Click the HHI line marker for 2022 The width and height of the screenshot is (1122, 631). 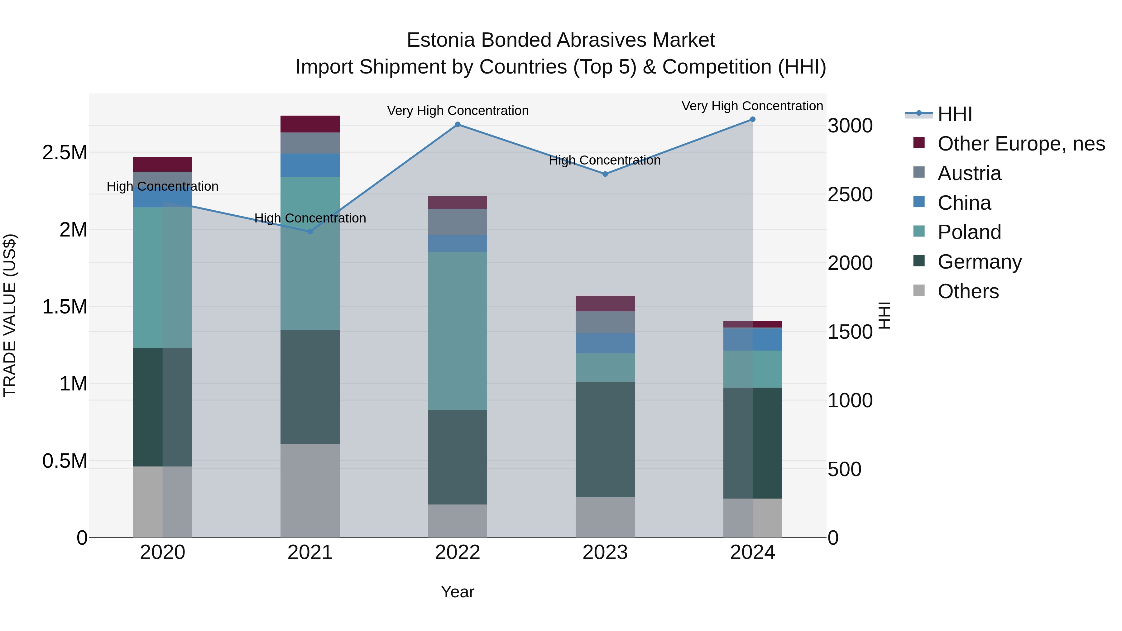[x=457, y=125]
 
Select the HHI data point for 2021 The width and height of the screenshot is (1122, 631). [x=310, y=232]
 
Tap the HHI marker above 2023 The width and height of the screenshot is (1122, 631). [x=605, y=174]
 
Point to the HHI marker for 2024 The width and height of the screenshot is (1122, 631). [x=753, y=119]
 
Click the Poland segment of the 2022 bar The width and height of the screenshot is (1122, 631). [x=457, y=331]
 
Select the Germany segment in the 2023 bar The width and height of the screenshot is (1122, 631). [x=605, y=440]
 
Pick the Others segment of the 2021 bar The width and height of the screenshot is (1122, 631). [x=310, y=490]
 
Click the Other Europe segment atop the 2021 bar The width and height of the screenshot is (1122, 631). [x=310, y=124]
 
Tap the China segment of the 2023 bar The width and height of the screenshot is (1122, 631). [x=605, y=343]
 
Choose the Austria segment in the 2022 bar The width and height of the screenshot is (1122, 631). [x=457, y=222]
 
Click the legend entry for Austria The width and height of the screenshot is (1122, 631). [x=969, y=173]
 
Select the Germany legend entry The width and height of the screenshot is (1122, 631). [x=979, y=262]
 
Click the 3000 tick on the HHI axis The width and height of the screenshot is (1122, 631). [x=850, y=126]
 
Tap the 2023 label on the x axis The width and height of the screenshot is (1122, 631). [x=605, y=552]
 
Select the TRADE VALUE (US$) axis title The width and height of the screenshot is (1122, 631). [x=10, y=315]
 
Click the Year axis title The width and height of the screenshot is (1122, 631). [x=457, y=592]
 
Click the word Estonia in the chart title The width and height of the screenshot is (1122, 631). [x=440, y=40]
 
